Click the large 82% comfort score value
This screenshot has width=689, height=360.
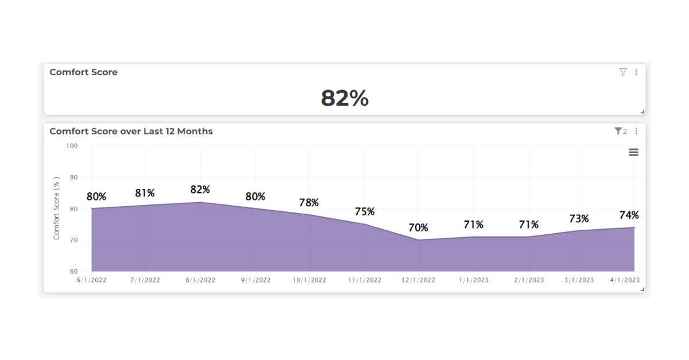(x=344, y=98)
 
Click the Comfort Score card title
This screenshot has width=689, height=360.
(x=83, y=72)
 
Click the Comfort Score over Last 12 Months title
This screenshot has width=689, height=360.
(x=131, y=131)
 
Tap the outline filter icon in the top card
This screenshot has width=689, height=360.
(x=623, y=72)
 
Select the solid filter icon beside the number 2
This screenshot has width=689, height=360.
(x=618, y=131)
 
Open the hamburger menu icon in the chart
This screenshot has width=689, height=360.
(x=633, y=152)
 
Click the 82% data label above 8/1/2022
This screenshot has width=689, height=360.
(x=200, y=189)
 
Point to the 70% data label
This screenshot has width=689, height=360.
(x=418, y=228)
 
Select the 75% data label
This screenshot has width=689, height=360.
(x=364, y=212)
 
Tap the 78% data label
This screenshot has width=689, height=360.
(x=309, y=203)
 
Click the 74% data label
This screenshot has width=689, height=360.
(x=629, y=215)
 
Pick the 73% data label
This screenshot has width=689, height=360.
(x=579, y=219)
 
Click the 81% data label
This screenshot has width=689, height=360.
(x=145, y=193)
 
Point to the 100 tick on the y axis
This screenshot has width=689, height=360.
(x=72, y=146)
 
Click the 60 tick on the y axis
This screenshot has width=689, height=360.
(x=73, y=272)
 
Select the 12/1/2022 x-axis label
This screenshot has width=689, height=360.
(x=418, y=280)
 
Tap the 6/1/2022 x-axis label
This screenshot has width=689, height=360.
(x=91, y=280)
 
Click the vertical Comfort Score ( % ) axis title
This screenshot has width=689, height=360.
(x=56, y=208)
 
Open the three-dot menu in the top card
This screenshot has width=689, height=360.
(x=636, y=72)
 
